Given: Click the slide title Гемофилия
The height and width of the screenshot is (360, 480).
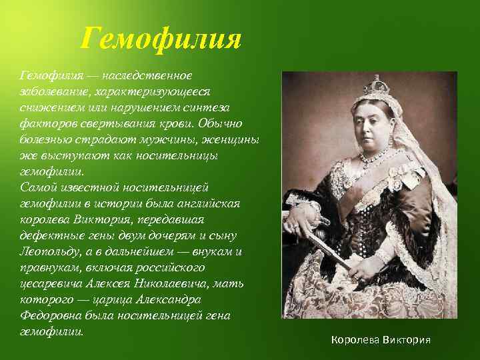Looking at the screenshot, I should pos(160,38).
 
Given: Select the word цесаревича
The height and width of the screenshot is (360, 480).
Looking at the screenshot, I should pos(55,283).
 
